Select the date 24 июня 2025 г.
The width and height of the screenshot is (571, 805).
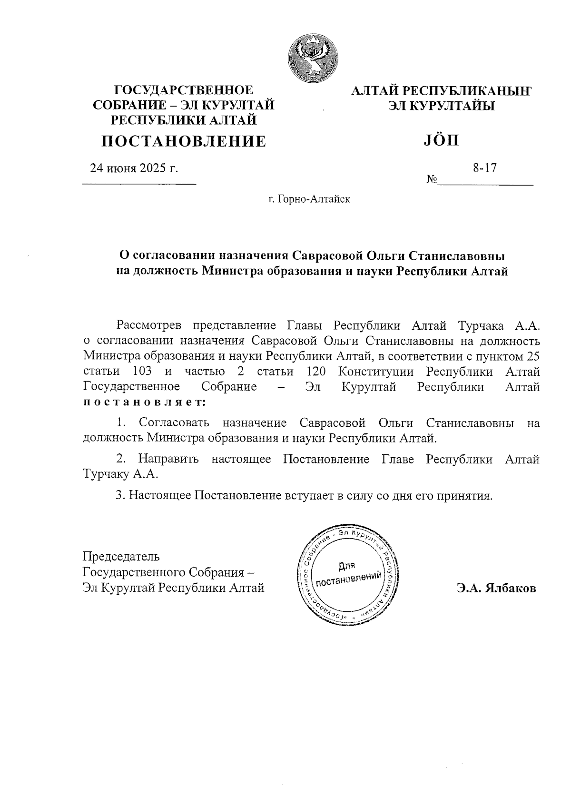click(x=134, y=168)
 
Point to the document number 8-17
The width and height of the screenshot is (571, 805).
click(x=484, y=168)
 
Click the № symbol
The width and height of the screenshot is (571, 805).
click(x=432, y=180)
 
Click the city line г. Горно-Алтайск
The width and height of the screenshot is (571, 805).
click(x=309, y=199)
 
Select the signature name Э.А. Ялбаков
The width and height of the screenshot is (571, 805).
click(x=496, y=589)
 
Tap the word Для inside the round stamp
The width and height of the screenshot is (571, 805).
click(x=347, y=566)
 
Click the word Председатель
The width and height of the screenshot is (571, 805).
click(x=121, y=556)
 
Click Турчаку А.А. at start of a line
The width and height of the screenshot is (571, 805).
click(x=120, y=474)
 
